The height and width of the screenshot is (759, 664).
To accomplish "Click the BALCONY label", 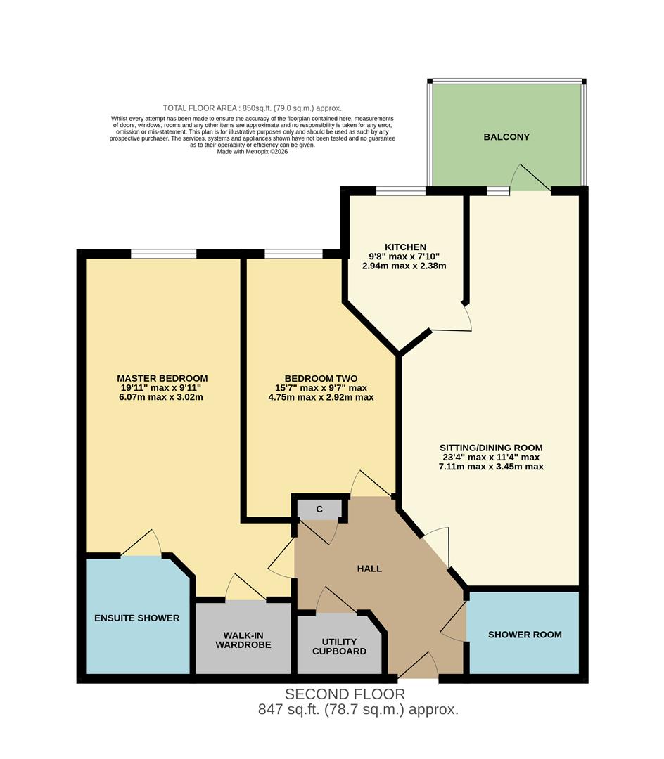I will pyautogui.click(x=506, y=137).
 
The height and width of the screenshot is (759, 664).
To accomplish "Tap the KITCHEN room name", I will pyautogui.click(x=404, y=247).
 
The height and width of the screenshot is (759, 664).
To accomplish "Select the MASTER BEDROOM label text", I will pyautogui.click(x=162, y=378).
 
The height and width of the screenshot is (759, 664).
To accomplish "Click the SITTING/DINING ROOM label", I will pyautogui.click(x=491, y=448).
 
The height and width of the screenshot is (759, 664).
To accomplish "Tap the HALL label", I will pyautogui.click(x=369, y=569).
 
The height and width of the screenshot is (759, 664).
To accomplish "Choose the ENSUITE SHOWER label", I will pyautogui.click(x=137, y=618).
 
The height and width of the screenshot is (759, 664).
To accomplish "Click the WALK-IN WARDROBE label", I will pyautogui.click(x=243, y=640).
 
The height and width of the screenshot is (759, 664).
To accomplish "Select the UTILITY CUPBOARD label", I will pyautogui.click(x=339, y=647).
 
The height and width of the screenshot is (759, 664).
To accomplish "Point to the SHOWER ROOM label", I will pyautogui.click(x=525, y=635).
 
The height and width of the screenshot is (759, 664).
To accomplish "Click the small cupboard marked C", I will pyautogui.click(x=319, y=510).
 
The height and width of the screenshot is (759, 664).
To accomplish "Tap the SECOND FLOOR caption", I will pyautogui.click(x=345, y=694).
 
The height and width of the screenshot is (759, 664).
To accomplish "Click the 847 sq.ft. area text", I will pyautogui.click(x=358, y=710).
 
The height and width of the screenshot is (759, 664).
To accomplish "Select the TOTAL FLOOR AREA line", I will pyautogui.click(x=252, y=108).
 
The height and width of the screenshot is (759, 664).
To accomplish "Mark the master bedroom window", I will pyautogui.click(x=163, y=254).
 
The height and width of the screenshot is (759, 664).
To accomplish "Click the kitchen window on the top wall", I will pyautogui.click(x=400, y=190).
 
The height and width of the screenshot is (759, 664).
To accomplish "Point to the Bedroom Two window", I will pyautogui.click(x=293, y=254).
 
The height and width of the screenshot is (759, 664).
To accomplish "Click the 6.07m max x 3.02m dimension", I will pyautogui.click(x=162, y=397).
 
